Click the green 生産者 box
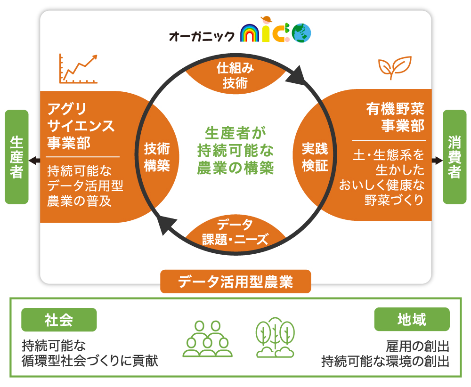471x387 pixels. (16, 157)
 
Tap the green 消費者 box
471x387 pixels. (455, 157)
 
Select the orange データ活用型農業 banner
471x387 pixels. (235, 282)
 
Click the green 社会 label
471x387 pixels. (59, 320)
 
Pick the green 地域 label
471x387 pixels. (412, 320)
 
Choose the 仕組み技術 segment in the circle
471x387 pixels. (235, 76)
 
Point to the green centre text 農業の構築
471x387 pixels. (235, 168)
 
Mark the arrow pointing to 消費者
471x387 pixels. (438, 161)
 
